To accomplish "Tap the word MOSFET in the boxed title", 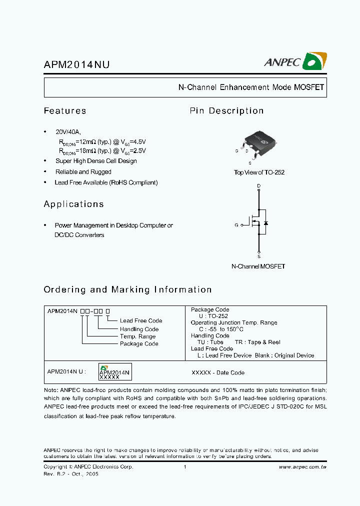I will (309, 87).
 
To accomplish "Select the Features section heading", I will (65, 111).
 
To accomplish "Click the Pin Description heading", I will (226, 111).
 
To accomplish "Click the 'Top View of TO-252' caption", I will (259, 172).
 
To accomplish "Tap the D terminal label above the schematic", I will (258, 186).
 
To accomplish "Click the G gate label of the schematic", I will (236, 225).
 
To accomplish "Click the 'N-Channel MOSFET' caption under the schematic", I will (258, 266).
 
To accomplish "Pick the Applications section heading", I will (73, 204).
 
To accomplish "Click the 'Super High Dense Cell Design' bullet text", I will (96, 161).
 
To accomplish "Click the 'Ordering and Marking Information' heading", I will (127, 289).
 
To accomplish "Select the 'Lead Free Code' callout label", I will (141, 321).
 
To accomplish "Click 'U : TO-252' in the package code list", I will (213, 316).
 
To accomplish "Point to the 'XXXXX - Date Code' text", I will (218, 373).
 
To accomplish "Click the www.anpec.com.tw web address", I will (302, 467).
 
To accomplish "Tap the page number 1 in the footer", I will (185, 467).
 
